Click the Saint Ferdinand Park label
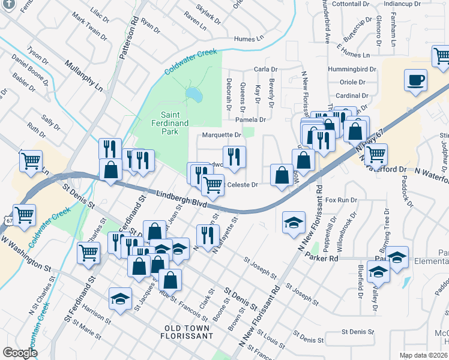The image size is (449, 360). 174,119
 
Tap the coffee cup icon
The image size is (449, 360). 415,80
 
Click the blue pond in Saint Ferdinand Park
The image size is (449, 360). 194,94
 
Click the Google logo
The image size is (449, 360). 20,353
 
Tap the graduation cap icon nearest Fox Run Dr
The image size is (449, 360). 292,223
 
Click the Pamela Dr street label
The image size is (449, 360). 250,119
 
